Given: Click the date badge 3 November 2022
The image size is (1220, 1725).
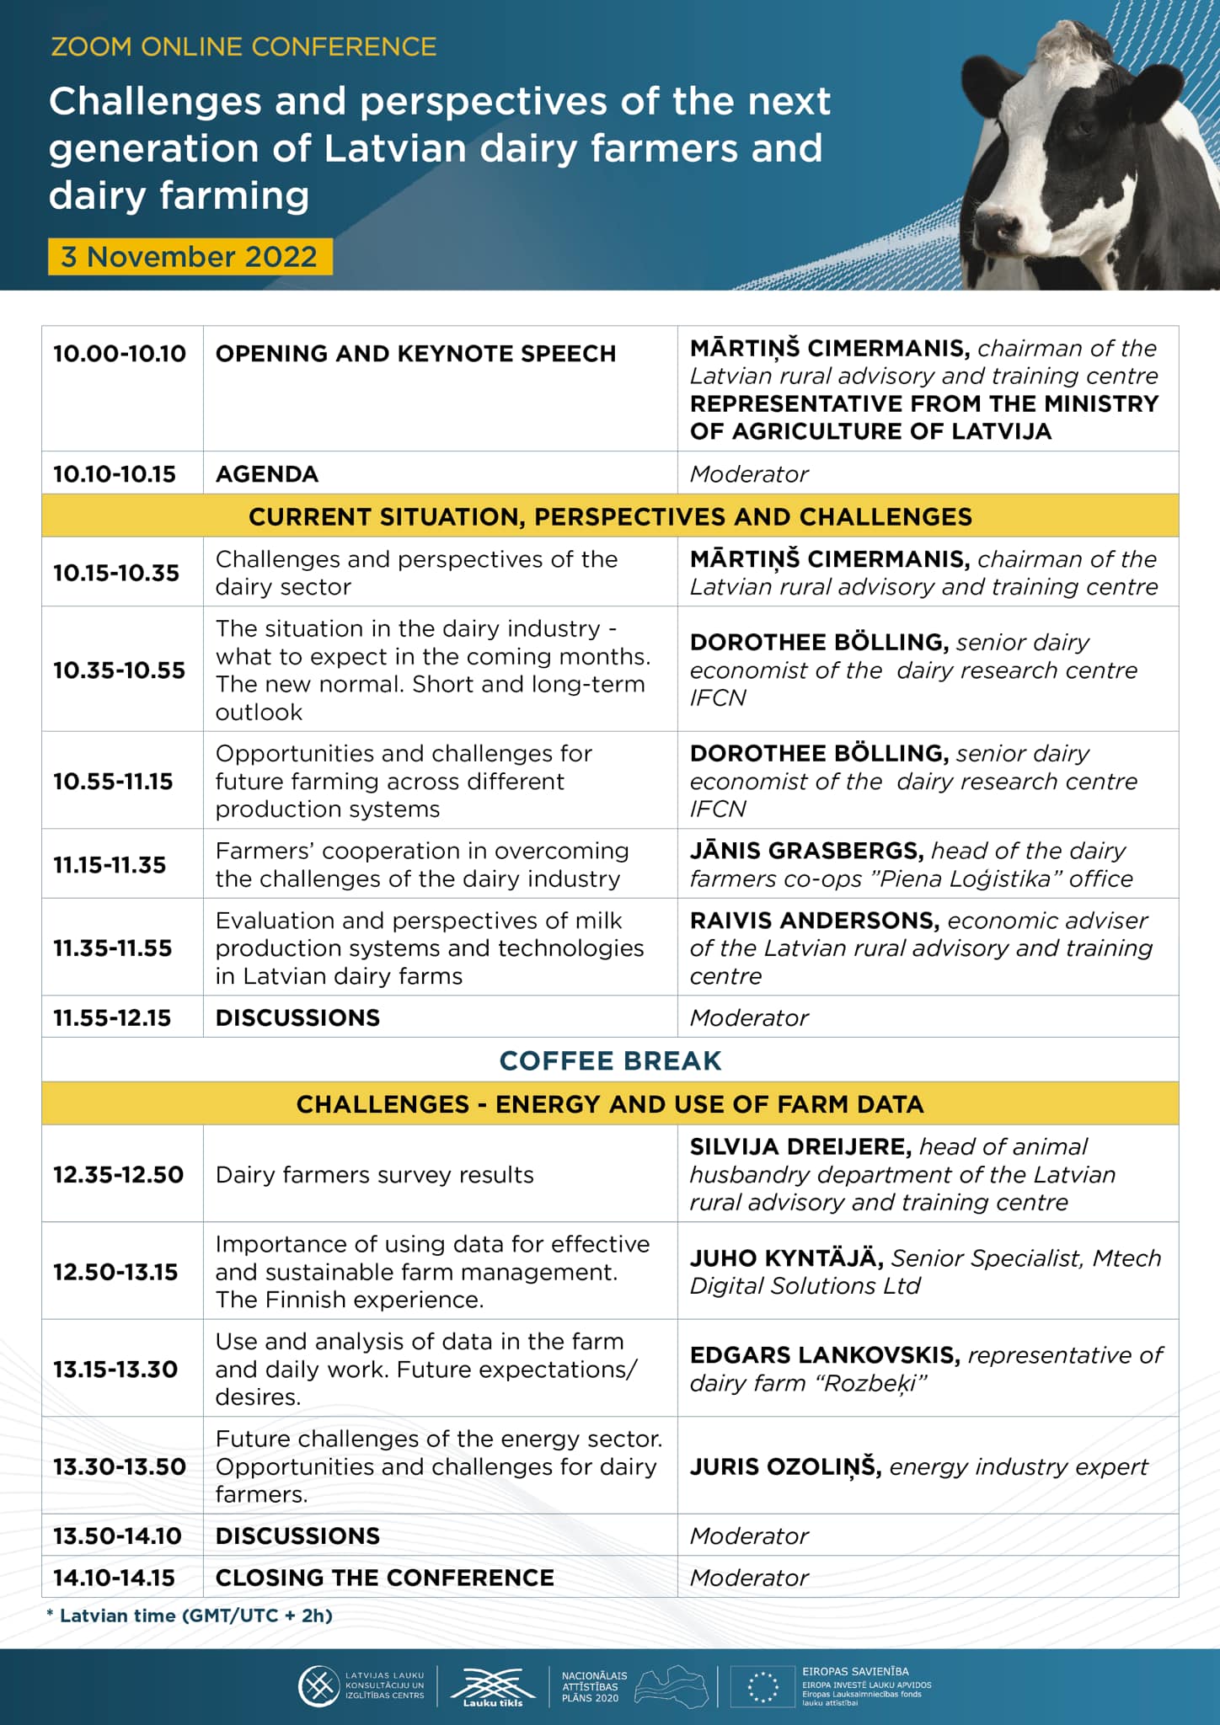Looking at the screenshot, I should point(190,257).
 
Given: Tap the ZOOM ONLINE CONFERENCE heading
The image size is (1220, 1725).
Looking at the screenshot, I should point(243,46).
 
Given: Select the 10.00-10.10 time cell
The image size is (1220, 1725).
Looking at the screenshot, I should point(120,354).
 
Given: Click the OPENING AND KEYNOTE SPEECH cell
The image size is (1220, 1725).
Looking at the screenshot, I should point(415,354).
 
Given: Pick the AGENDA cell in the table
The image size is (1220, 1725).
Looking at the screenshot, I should point(267,474).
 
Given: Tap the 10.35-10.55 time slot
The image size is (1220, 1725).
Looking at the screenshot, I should point(119,670).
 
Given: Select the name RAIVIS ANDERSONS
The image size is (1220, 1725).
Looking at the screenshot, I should point(814,921).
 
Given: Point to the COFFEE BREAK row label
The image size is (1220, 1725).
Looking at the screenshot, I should point(610,1060).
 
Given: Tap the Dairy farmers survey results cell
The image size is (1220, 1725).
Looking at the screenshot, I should point(374,1175).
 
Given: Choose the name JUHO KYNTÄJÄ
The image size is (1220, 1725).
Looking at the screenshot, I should point(786,1258).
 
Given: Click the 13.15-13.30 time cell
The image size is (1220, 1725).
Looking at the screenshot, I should point(115,1370).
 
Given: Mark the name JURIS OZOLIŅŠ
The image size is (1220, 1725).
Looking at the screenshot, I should point(785,1467).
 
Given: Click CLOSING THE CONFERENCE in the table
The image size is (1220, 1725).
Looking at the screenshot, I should point(384,1578).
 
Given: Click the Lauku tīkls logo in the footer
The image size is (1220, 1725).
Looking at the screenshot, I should point(493,1687).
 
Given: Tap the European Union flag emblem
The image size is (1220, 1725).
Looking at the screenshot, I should point(763,1687).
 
